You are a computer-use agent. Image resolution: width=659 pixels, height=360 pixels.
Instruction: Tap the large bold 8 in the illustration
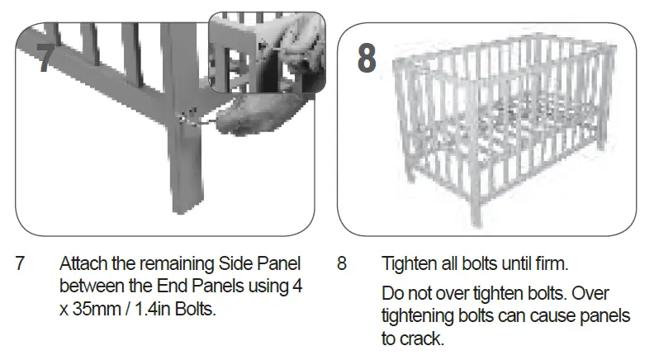coord(367,59)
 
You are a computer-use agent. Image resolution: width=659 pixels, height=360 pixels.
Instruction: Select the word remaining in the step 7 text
coord(168,265)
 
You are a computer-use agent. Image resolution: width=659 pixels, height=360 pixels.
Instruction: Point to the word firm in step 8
coord(551,265)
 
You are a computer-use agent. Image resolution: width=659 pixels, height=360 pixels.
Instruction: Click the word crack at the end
coord(423,337)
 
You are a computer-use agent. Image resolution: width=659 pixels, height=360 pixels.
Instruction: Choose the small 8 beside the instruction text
coord(342,265)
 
